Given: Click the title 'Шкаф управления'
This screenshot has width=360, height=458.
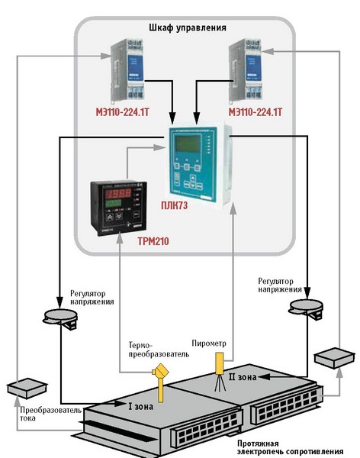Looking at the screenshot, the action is [x=188, y=27].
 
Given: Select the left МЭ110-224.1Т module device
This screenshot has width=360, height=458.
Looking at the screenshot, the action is [x=128, y=69].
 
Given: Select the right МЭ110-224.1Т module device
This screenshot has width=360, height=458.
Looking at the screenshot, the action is [x=246, y=69].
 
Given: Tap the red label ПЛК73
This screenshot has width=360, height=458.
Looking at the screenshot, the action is [x=175, y=205].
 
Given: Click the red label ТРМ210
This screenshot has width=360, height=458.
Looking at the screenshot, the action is [x=153, y=241].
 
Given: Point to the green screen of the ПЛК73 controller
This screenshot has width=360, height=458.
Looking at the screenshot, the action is [x=188, y=144].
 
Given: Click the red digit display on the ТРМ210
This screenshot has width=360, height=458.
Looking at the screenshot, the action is [x=117, y=193].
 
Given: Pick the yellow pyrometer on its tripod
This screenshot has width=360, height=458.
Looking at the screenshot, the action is [x=220, y=372].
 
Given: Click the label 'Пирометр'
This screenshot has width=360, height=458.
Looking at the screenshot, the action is [x=209, y=343].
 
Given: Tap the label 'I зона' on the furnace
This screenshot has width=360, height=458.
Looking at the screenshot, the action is [x=141, y=406].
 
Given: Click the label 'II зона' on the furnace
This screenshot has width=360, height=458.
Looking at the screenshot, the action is [x=243, y=377].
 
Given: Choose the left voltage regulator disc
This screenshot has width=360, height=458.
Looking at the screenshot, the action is [x=61, y=318].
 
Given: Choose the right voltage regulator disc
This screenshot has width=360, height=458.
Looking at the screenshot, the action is [x=307, y=308].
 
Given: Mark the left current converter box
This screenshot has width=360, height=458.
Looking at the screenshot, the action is [x=27, y=389].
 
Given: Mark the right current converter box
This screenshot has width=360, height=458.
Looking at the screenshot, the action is [x=335, y=358].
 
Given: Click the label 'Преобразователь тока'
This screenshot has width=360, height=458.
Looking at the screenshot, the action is [x=50, y=414].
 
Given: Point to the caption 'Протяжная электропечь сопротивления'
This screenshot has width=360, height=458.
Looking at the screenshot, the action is [x=290, y=447].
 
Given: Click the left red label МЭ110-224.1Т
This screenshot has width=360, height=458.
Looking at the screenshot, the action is [x=123, y=112].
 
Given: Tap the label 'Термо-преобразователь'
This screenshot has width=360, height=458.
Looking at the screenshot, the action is [x=159, y=350].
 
